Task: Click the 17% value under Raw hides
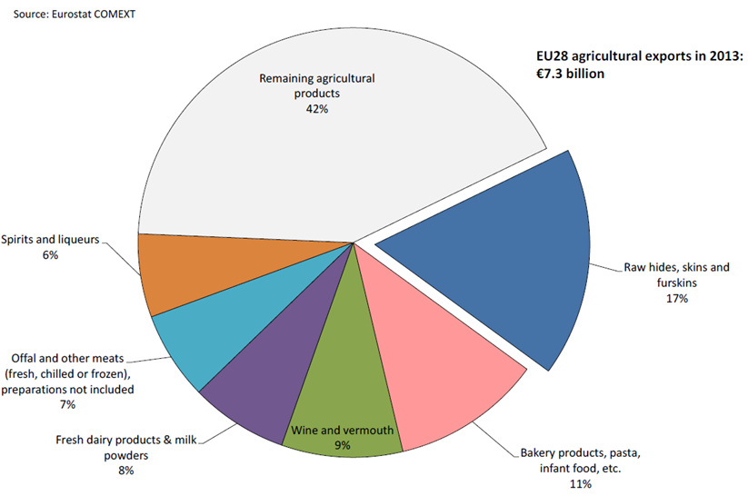point(676,298)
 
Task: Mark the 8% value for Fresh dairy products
point(125,471)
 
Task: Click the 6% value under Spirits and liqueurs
point(50,256)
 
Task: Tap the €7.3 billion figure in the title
point(569,73)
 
